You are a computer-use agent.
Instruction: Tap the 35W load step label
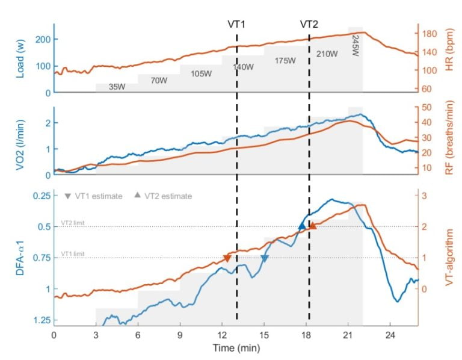coord(117,87)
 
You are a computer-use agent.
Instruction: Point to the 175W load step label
coord(285,61)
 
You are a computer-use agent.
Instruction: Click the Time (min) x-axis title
coord(235,348)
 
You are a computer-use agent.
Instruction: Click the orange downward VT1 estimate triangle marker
coord(227,258)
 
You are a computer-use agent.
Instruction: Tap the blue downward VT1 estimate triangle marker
coord(264,258)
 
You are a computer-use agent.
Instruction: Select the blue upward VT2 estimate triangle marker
coord(302,226)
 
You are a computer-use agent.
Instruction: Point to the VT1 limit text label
coord(72,254)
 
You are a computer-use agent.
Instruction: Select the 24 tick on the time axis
coord(390,335)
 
